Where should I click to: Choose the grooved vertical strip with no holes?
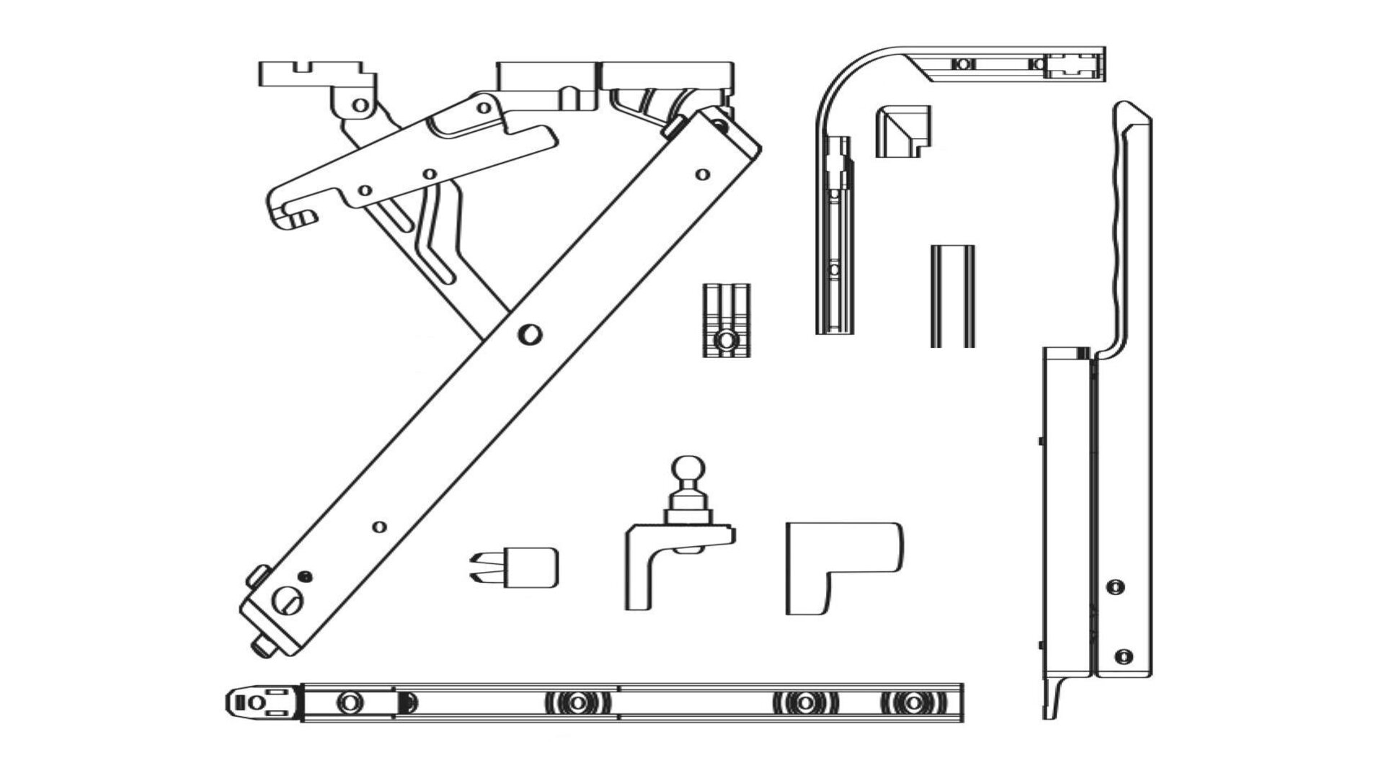point(952,296)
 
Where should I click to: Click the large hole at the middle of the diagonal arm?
point(530,334)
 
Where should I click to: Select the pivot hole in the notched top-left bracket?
point(360,105)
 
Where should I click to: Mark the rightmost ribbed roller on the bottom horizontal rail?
point(913,702)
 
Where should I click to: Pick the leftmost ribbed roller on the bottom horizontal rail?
point(577,702)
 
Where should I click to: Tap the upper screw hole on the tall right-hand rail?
point(1115,586)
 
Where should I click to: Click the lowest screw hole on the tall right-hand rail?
point(1122,656)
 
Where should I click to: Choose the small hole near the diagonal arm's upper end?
point(701,174)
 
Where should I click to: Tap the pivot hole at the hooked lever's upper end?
point(484,108)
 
